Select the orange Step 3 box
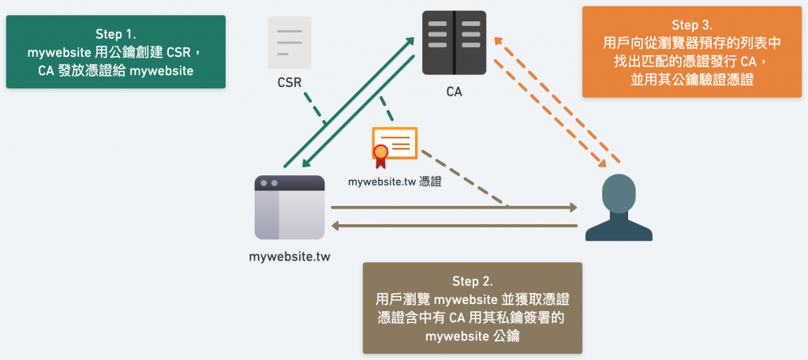pos(691,52)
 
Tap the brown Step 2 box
pos(472,308)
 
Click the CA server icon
pos(454,43)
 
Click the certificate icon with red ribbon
pos(395,147)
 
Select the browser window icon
pos(290,207)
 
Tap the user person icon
pos(618,208)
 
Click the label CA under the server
pos(454,92)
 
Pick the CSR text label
pos(290,81)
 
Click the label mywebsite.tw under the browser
pos(290,257)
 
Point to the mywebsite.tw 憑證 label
pos(395,181)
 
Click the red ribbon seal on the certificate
pos(381,154)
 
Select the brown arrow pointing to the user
pos(454,208)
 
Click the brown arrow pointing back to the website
pos(454,227)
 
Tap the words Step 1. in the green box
pos(116,34)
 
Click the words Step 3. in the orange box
pos(691,25)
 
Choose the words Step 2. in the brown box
pos(472,281)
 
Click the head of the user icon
pos(618,192)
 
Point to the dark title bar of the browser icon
pos(290,182)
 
